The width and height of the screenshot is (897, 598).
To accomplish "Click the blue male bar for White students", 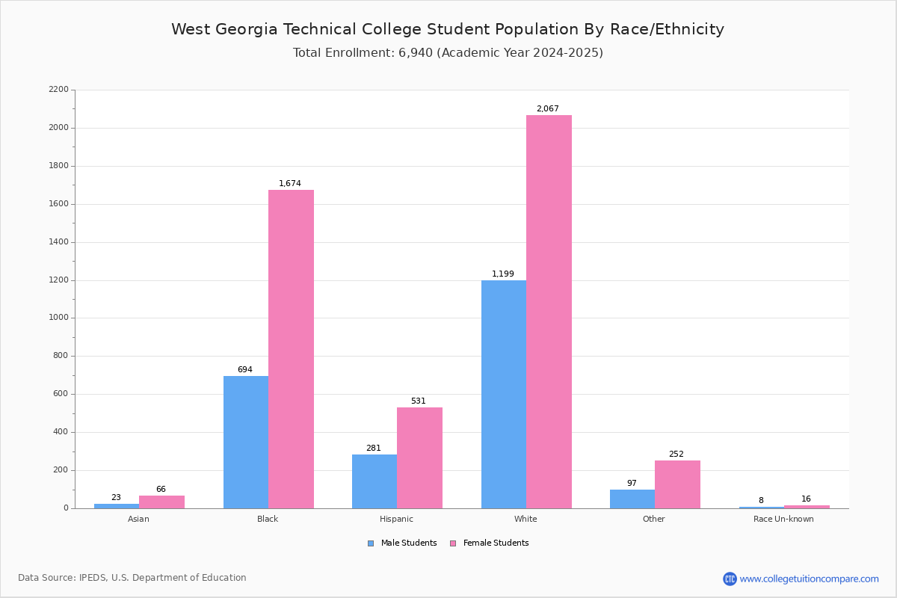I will pos(504,394).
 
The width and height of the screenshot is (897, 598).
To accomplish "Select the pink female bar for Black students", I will pos(291,349).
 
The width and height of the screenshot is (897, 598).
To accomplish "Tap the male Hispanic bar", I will pos(374,481).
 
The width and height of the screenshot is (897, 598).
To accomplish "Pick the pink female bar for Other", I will pos(677,484).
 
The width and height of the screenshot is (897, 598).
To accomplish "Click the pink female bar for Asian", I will pos(161,502).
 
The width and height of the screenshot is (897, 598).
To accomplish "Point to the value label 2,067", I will pos(547,109).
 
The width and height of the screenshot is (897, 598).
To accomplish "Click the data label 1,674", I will pos(290,184).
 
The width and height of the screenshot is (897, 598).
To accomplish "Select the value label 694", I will pos(245,370).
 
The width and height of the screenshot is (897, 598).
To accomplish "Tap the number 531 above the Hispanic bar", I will pos(419,401).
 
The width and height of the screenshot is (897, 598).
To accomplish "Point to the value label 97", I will pos(632,484).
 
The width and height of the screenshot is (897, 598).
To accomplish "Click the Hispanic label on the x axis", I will pos(396,519).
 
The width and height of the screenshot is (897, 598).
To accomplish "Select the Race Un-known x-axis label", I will pos(783,519).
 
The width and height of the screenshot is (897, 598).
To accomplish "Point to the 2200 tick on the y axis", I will pos(58,90).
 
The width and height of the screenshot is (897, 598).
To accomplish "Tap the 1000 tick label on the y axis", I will pos(58,318).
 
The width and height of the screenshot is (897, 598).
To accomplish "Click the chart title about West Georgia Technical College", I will pos(448,30).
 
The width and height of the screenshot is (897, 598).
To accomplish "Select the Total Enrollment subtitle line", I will pos(448,53).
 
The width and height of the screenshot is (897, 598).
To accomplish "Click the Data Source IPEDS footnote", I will pos(132,578).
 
